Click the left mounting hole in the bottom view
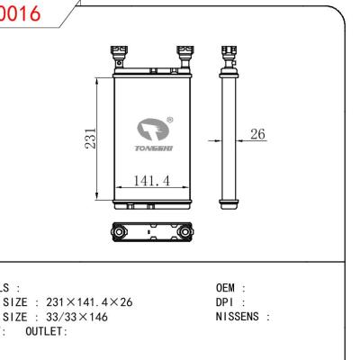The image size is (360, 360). [x=116, y=231]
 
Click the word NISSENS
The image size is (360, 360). [x=240, y=316]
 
